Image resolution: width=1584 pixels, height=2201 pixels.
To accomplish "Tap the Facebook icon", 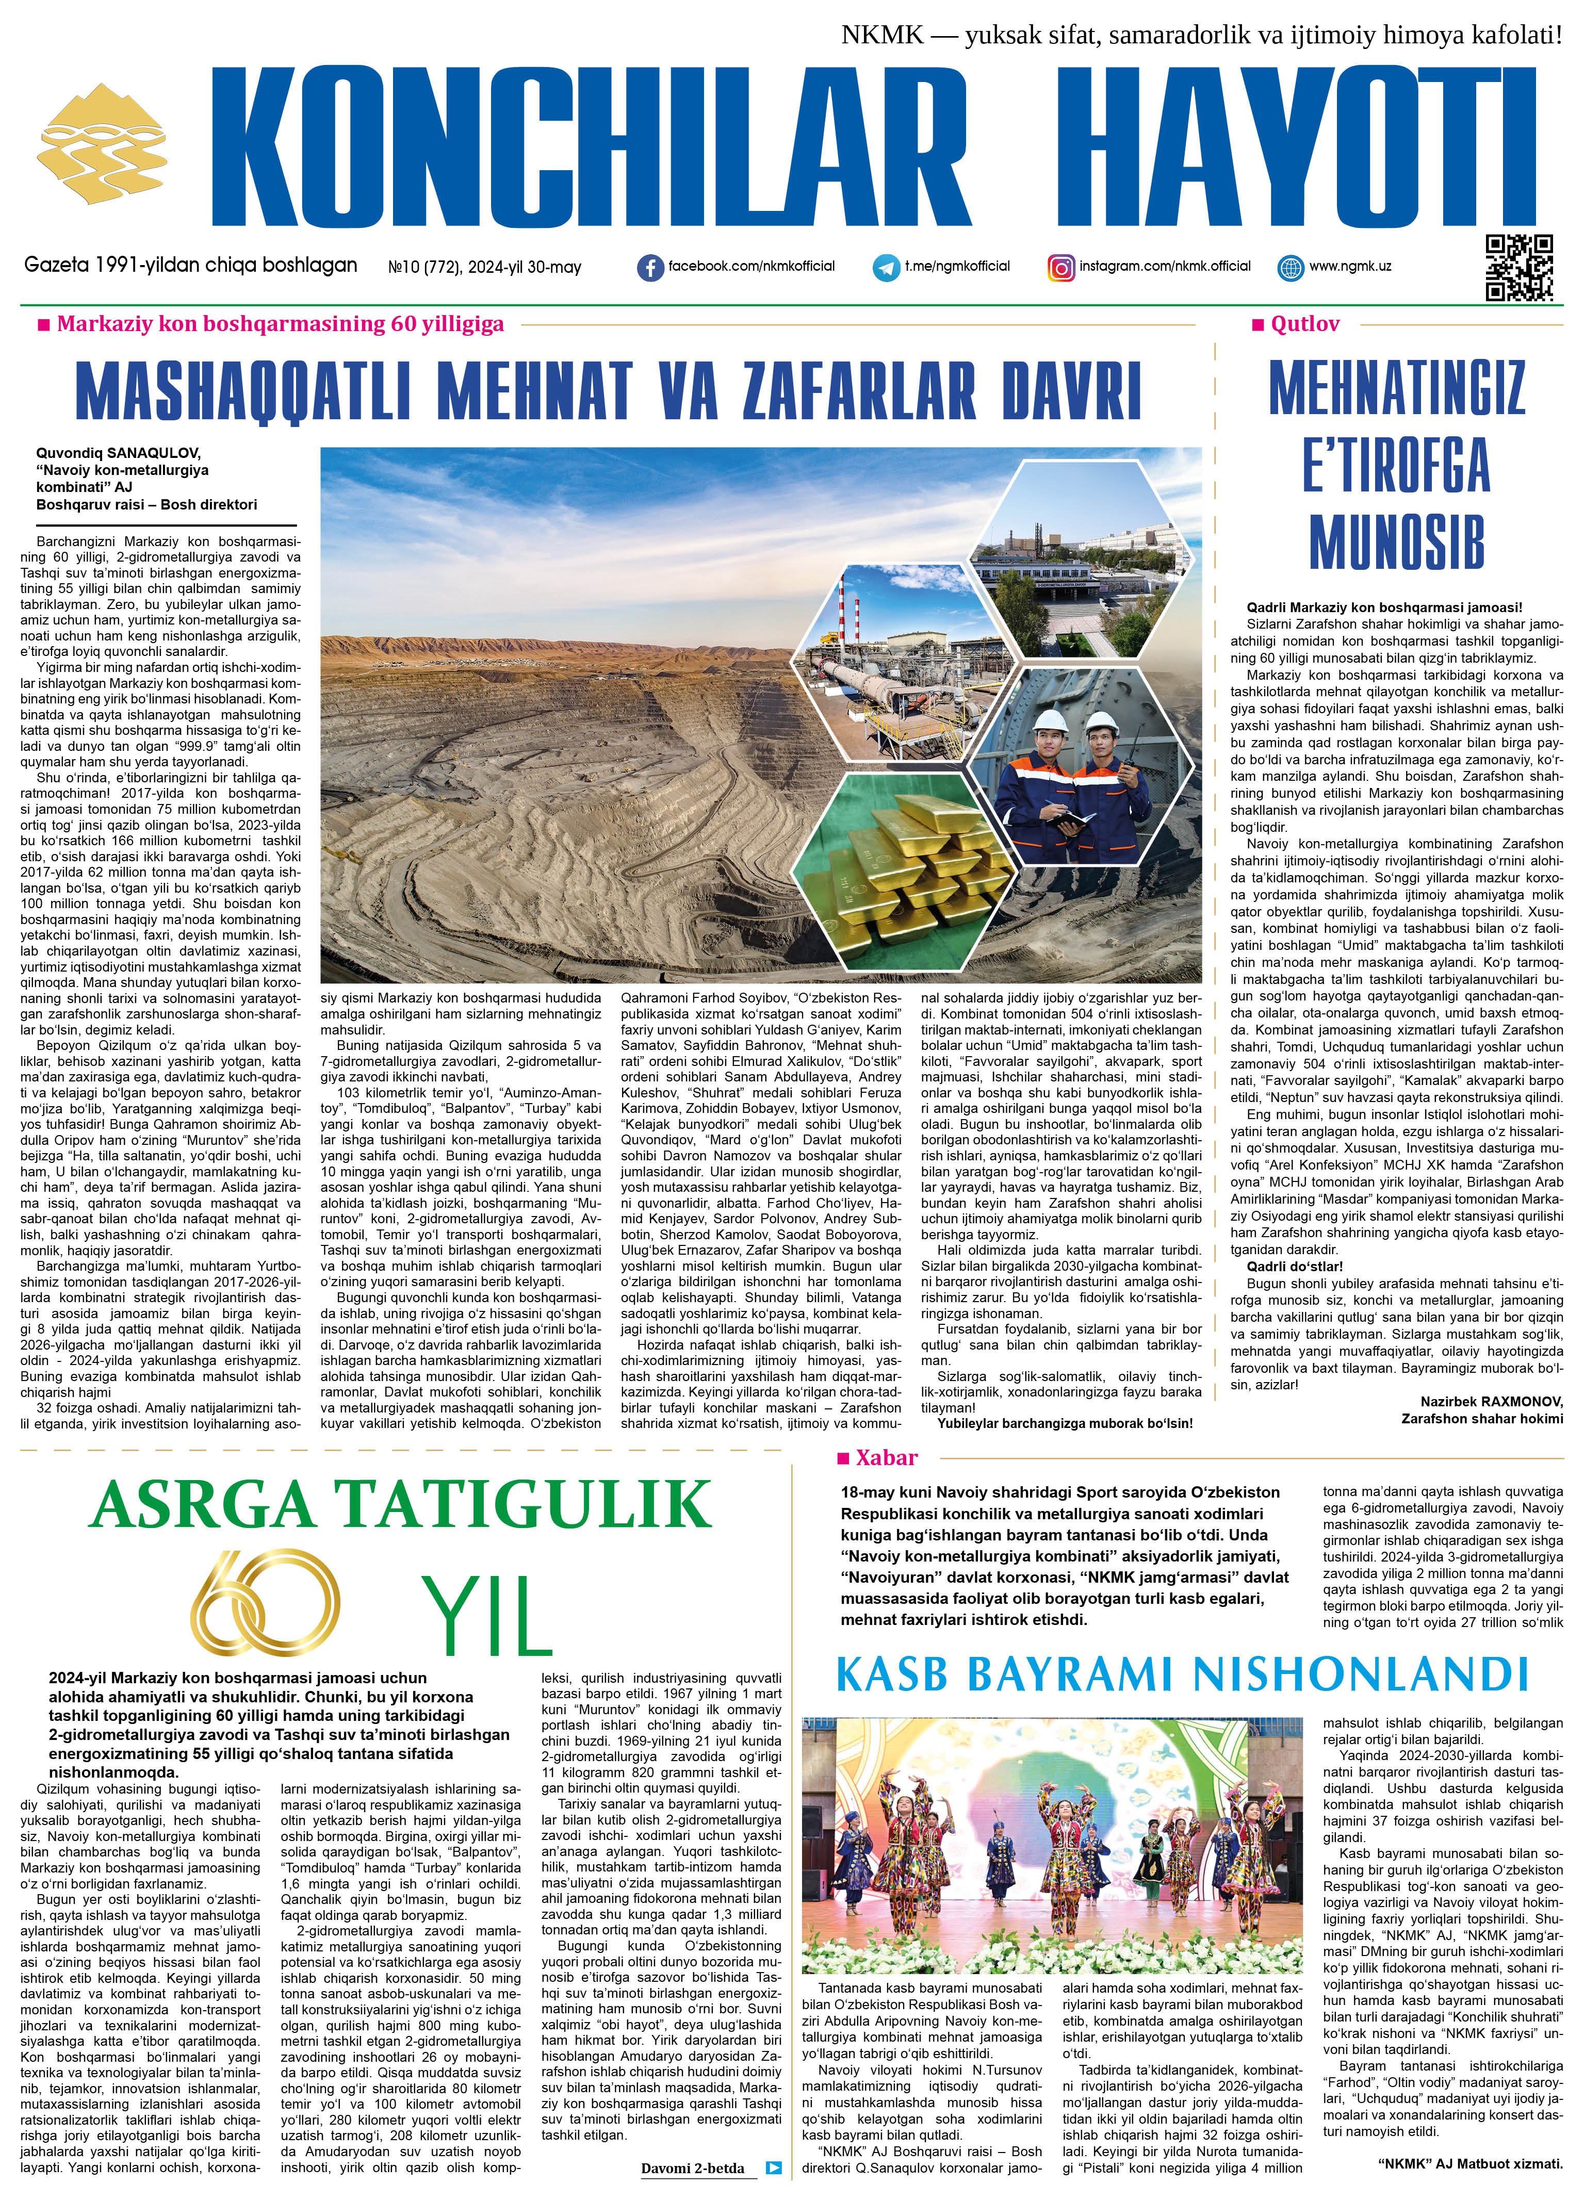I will click(x=649, y=268).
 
